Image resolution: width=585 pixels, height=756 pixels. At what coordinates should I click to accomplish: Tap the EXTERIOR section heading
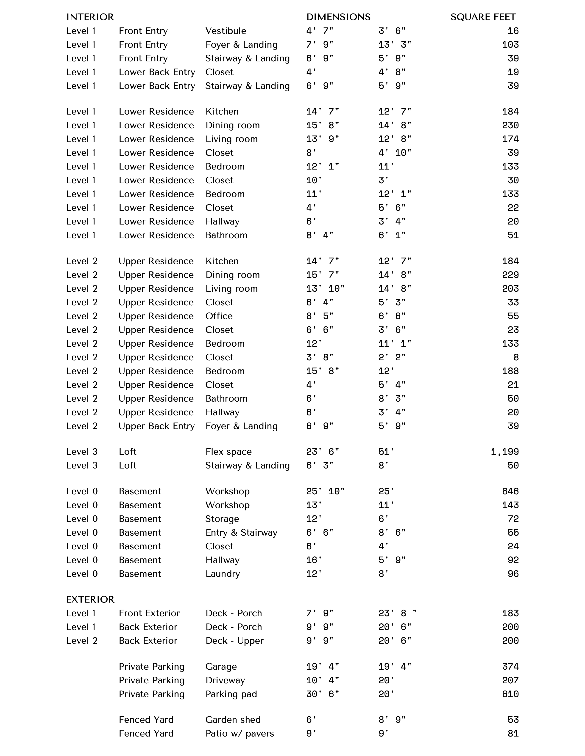[x=90, y=599]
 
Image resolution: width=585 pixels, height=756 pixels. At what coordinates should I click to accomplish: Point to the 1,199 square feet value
[x=505, y=452]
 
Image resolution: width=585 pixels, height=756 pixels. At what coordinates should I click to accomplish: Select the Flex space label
[x=228, y=452]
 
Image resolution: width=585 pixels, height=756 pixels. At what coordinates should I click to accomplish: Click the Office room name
[x=219, y=316]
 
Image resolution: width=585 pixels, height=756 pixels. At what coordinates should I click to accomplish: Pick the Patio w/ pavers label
[x=240, y=734]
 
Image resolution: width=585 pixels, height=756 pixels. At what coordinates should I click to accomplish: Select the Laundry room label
[x=223, y=574]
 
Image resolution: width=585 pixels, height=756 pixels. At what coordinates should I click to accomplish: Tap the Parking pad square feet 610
[x=510, y=694]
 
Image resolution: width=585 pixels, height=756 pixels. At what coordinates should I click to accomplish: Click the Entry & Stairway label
[x=241, y=532]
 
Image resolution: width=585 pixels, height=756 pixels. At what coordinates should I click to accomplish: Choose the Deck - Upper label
[x=234, y=641]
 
